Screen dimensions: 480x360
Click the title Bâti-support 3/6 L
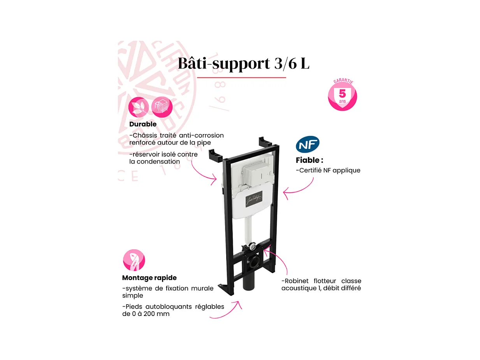244,64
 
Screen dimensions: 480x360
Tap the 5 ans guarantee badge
342,95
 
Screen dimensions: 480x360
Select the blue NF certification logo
308,145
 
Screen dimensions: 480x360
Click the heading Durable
143,124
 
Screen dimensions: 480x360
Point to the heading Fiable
309,160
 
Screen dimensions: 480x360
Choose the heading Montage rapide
149,278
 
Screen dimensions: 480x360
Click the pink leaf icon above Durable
138,107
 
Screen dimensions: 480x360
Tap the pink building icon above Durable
162,107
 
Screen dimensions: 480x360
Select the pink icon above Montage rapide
134,260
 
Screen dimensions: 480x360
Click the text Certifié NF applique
328,170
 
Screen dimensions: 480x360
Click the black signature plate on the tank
254,199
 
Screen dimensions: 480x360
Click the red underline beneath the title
241,78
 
